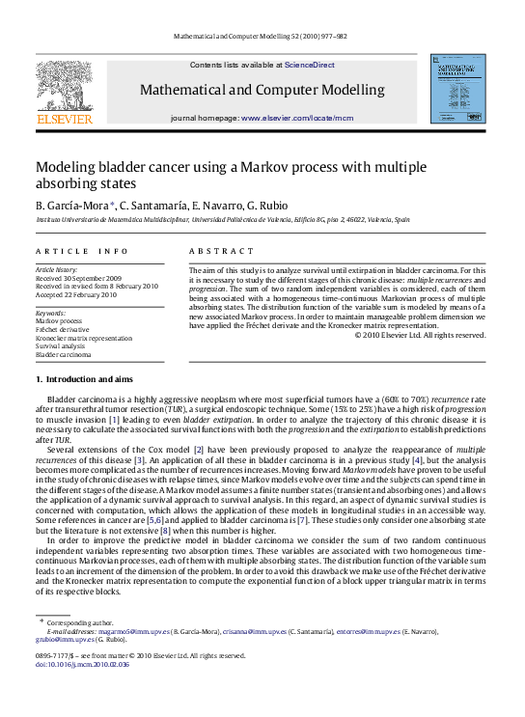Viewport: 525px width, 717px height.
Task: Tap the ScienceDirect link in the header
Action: click(309, 65)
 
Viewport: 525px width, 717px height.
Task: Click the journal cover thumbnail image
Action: click(457, 88)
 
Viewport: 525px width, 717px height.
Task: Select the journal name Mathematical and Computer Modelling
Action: click(262, 90)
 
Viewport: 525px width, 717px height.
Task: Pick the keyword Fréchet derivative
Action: click(65, 330)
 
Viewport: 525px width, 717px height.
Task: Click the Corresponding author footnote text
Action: click(87, 622)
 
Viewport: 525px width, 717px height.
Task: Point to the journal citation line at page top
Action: click(262, 34)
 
